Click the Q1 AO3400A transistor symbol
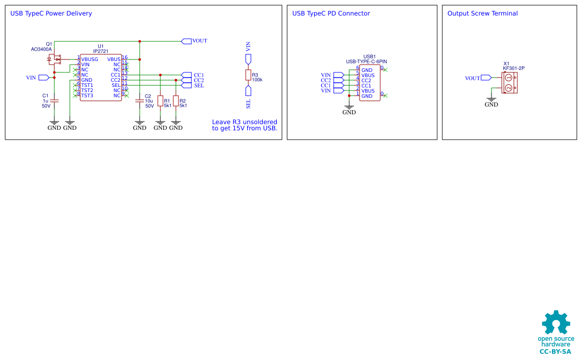pyautogui.click(x=54, y=59)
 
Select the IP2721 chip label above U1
pyautogui.click(x=100, y=51)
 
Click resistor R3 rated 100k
pyautogui.click(x=248, y=75)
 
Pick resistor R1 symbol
pyautogui.click(x=160, y=101)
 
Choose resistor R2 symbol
pyautogui.click(x=176, y=101)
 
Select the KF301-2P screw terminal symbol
pyautogui.click(x=509, y=83)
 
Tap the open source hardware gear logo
pyautogui.click(x=556, y=323)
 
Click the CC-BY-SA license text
pyautogui.click(x=555, y=352)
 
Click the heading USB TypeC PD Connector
pyautogui.click(x=331, y=13)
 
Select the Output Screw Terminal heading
pyautogui.click(x=482, y=13)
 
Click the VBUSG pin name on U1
pyautogui.click(x=89, y=59)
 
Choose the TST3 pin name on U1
pyautogui.click(x=87, y=96)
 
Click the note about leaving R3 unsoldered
pyautogui.click(x=245, y=125)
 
